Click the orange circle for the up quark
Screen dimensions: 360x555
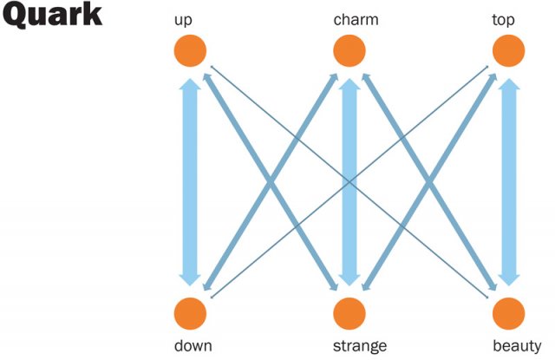tap(190, 50)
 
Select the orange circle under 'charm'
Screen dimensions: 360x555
tap(349, 50)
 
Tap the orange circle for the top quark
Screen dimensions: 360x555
tap(509, 50)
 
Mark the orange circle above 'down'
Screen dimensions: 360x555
tap(190, 311)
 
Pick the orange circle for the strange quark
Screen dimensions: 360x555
tap(349, 311)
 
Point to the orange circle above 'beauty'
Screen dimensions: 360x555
tap(509, 311)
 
